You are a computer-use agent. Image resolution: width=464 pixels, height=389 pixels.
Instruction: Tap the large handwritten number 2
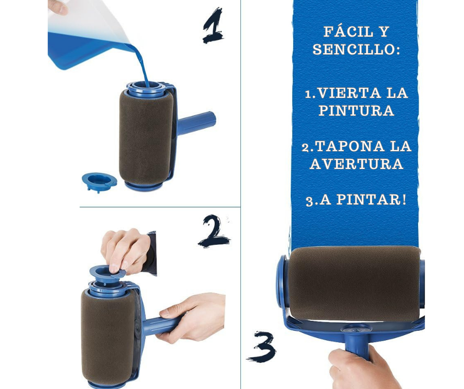point(214,231)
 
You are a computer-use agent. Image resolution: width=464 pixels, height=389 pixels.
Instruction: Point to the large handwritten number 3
point(262,347)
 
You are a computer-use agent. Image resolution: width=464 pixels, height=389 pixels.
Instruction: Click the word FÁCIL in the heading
point(348,32)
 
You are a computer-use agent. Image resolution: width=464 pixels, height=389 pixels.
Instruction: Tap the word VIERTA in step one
point(349,93)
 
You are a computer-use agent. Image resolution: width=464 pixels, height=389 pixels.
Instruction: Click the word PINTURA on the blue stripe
point(356,111)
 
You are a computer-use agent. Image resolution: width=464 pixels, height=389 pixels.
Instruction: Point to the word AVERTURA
point(356,164)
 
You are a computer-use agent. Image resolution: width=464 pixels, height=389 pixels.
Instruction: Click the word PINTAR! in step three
point(372,199)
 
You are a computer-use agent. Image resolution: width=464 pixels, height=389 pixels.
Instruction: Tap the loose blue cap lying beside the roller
point(99,183)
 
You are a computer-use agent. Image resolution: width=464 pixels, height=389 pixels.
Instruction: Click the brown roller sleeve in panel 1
point(146,138)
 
